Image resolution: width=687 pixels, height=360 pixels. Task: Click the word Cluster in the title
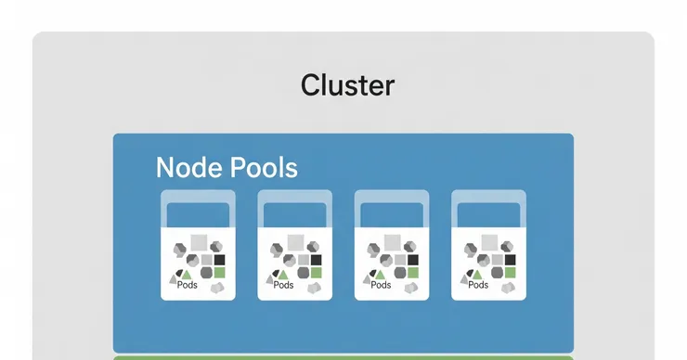point(347,85)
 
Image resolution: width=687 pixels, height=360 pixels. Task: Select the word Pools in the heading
point(264,167)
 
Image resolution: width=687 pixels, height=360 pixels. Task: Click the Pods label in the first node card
point(188,285)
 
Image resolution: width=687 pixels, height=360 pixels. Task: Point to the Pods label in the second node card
point(283,285)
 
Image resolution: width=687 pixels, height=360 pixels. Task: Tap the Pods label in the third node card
point(381,285)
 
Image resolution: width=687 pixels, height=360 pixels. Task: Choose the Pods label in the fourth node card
point(478,285)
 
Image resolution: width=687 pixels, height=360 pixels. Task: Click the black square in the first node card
point(219,260)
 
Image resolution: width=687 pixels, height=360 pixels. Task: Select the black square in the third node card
point(413,260)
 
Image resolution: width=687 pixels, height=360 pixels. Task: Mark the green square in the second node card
point(316,273)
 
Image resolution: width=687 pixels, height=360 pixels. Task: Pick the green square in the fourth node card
point(510,273)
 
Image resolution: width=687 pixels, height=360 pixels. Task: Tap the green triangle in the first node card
point(187,275)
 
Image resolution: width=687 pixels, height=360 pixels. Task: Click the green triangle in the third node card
point(380,275)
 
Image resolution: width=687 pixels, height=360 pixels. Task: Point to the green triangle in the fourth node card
point(477,275)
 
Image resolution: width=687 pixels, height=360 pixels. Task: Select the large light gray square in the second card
point(296,242)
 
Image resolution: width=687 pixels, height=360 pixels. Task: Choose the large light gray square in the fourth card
point(489,242)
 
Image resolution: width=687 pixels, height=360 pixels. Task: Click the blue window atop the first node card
point(198,215)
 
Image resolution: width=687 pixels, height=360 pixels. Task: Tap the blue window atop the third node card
point(392,215)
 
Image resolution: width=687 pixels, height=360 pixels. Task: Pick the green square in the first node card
point(219,273)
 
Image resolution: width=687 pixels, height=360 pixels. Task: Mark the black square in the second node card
point(316,260)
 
